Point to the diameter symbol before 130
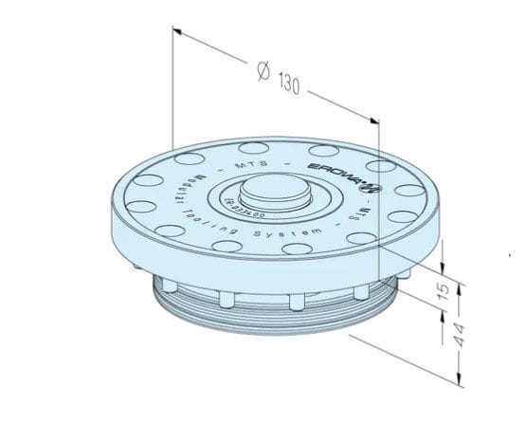click(265, 70)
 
